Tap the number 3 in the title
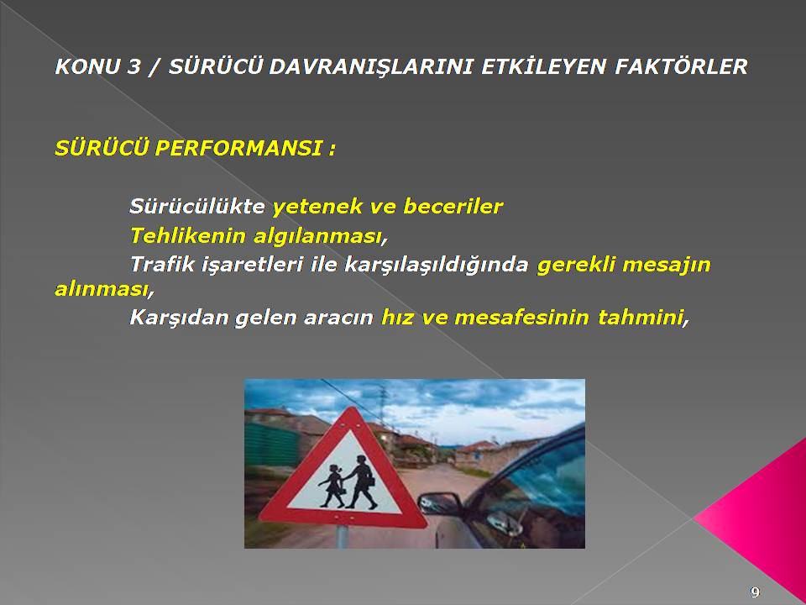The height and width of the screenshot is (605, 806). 133,66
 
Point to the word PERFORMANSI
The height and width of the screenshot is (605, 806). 239,148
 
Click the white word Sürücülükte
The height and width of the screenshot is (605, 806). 196,207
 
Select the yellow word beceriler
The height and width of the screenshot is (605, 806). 453,207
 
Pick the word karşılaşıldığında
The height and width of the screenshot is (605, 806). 437,265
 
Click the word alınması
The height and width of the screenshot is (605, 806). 102,290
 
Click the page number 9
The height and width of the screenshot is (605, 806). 755,592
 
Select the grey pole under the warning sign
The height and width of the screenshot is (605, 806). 342,537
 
